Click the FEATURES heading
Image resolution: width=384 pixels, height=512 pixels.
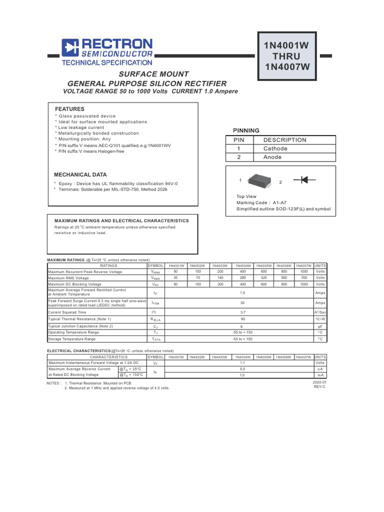[x=69, y=109]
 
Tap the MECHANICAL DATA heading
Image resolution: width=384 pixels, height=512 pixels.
[x=80, y=175]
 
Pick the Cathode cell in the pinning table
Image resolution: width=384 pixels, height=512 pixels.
[x=275, y=148]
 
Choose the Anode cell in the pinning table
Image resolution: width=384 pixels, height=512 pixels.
[x=272, y=157]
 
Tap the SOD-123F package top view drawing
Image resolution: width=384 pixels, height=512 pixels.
[x=259, y=180]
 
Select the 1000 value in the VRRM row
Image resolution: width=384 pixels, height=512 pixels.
[x=304, y=271]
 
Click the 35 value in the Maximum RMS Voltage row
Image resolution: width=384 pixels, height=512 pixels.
[x=175, y=277]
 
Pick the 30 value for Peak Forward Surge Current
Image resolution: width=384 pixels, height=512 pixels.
[x=242, y=302]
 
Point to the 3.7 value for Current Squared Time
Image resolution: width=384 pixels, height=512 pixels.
[x=242, y=312]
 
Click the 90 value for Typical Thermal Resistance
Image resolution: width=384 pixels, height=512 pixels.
[x=242, y=318]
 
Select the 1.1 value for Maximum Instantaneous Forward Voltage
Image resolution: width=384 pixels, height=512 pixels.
[x=242, y=363]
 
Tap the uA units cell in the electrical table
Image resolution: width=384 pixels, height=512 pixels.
[x=320, y=369]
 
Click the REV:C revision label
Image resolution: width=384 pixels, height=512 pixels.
[x=319, y=387]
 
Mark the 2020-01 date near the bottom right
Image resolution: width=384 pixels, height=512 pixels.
[x=319, y=382]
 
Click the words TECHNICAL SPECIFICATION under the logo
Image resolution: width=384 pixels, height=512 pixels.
[x=106, y=63]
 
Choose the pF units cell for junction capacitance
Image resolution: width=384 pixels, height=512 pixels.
[x=320, y=326]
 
